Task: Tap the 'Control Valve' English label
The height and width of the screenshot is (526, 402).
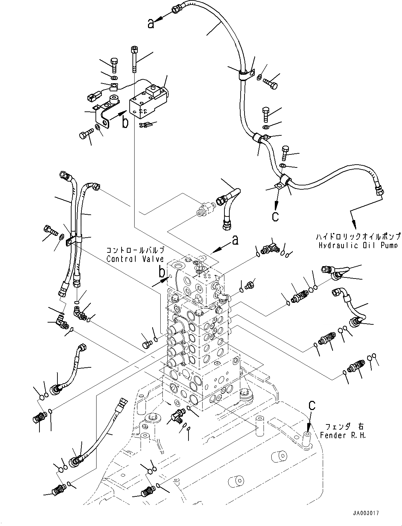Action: click(135, 259)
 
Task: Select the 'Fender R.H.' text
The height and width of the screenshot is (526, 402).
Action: click(343, 435)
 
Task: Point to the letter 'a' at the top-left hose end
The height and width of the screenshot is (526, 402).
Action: click(151, 24)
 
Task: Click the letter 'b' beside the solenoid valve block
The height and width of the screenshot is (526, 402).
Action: click(125, 122)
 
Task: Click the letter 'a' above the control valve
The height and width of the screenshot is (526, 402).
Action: click(235, 240)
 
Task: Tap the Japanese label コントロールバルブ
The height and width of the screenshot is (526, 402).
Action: click(135, 250)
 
